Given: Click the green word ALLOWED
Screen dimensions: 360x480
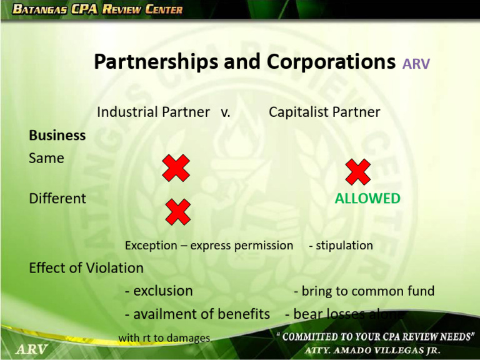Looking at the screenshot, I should [x=367, y=199].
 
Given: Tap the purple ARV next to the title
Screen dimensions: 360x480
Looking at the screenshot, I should [x=416, y=64].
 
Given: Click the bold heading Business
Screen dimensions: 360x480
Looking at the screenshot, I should [x=57, y=135].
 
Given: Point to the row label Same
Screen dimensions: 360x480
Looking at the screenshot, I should [x=46, y=158].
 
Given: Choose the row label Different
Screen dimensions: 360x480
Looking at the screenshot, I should [x=57, y=199].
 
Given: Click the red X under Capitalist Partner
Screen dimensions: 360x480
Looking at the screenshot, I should [x=357, y=172].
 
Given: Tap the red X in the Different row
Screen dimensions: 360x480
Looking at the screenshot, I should [x=177, y=212].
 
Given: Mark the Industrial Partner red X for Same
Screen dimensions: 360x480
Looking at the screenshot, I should [x=176, y=169].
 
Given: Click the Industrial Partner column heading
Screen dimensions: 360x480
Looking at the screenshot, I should [x=153, y=112].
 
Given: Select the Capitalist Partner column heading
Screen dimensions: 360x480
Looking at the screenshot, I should [x=324, y=112].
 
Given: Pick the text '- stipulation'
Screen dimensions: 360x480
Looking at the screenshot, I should [x=341, y=245].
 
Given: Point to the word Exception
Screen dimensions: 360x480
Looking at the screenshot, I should [x=151, y=245].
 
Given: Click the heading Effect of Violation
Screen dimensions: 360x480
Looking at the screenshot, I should [x=86, y=268].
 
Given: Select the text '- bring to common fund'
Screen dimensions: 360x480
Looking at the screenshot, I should [x=364, y=291].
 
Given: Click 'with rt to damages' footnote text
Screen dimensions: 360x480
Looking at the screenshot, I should [x=164, y=338].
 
